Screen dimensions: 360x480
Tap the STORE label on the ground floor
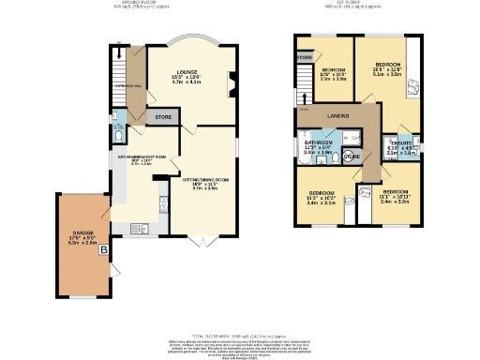(161, 118)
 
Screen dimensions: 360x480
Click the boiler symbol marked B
(105, 250)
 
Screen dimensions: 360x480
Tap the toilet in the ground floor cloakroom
(115, 135)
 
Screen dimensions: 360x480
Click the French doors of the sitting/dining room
(200, 242)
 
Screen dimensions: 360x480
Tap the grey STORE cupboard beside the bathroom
(351, 157)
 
